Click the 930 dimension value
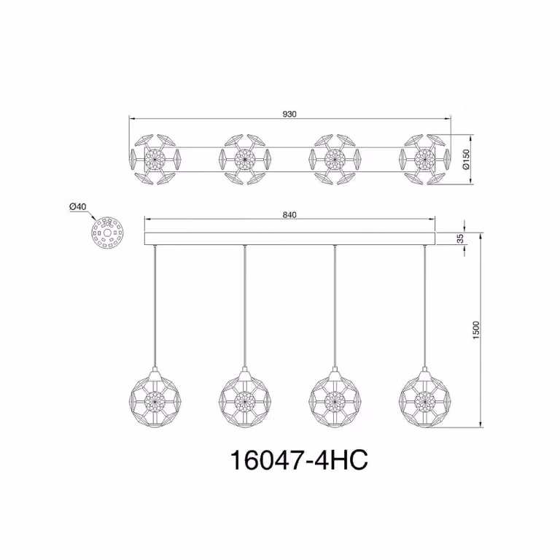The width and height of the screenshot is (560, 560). click(x=289, y=114)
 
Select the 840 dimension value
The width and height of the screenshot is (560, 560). click(x=289, y=214)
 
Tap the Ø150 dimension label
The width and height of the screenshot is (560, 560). click(x=466, y=160)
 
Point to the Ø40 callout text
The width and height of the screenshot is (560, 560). click(x=78, y=206)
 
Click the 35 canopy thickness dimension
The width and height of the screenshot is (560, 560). click(x=460, y=238)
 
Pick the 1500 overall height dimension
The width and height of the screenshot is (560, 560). click(x=476, y=330)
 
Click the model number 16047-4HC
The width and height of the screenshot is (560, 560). click(x=299, y=460)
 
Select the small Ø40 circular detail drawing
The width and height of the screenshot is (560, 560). click(x=107, y=233)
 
